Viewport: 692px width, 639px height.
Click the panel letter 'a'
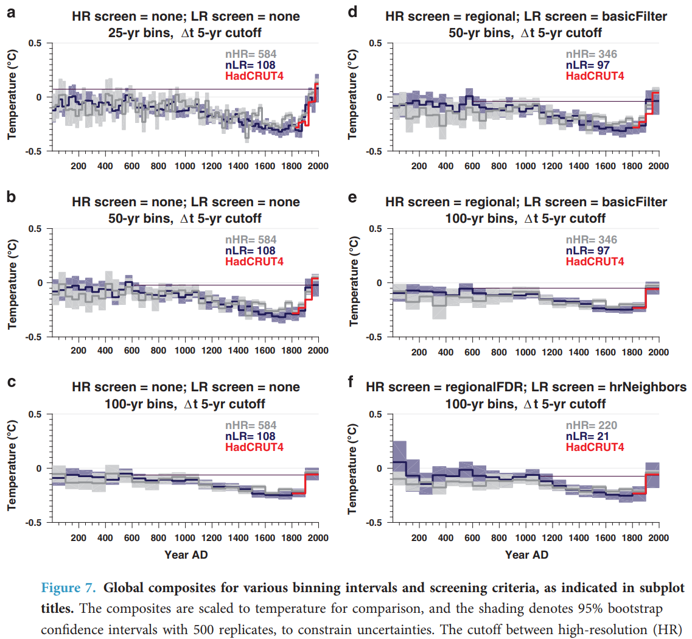(11, 13)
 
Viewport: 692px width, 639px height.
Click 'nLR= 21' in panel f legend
(587, 436)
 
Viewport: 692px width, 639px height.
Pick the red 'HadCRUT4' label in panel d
(595, 75)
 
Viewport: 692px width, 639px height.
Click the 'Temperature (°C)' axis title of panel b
(12, 283)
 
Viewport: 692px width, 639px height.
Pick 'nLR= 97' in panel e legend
(587, 251)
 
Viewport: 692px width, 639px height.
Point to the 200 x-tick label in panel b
(78, 352)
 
